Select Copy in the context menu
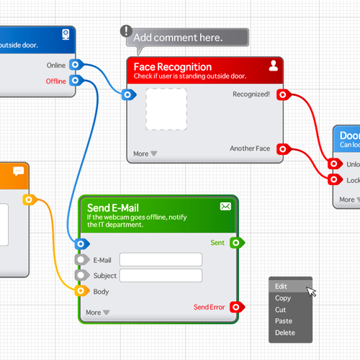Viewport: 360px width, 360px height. [x=283, y=298]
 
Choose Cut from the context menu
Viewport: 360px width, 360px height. [x=281, y=310]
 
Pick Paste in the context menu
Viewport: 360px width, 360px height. [x=284, y=321]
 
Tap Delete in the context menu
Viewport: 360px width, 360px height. [x=285, y=333]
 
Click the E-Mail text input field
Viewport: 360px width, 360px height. [x=161, y=260]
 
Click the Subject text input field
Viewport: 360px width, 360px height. [x=161, y=275]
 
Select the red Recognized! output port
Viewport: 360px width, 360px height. [x=283, y=94]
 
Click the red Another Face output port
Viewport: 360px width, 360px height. [x=283, y=149]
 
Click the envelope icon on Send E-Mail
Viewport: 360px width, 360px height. [x=225, y=207]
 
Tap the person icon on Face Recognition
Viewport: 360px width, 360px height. [x=273, y=66]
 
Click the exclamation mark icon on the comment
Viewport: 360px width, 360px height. [x=127, y=31]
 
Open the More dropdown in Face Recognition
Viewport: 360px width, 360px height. [x=145, y=153]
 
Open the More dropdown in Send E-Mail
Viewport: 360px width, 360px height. [x=97, y=312]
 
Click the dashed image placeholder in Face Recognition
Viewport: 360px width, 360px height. [x=166, y=109]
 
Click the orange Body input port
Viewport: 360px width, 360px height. [x=81, y=291]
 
